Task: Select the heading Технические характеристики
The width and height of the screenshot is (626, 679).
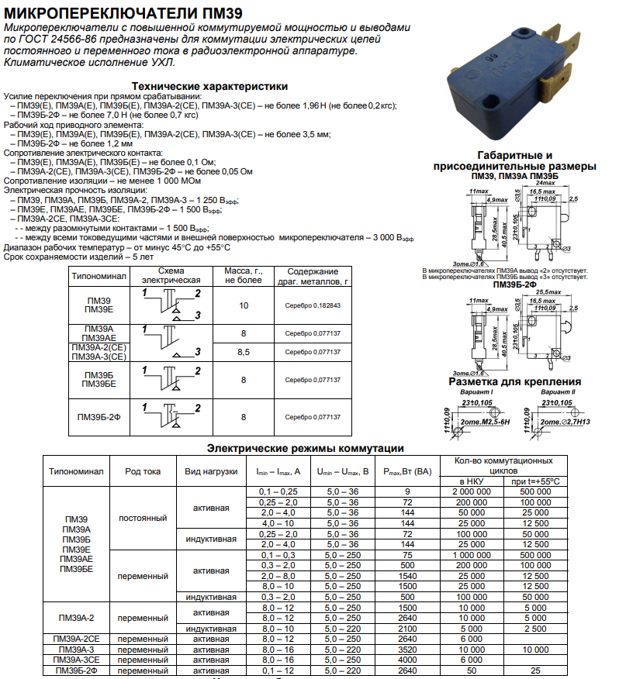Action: pyautogui.click(x=209, y=86)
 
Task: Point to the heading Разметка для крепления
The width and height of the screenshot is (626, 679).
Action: pyautogui.click(x=514, y=381)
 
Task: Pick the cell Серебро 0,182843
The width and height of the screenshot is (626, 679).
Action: pyautogui.click(x=313, y=305)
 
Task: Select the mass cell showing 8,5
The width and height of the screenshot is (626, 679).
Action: pyautogui.click(x=243, y=352)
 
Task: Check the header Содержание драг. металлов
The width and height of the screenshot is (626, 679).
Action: pyautogui.click(x=313, y=277)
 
